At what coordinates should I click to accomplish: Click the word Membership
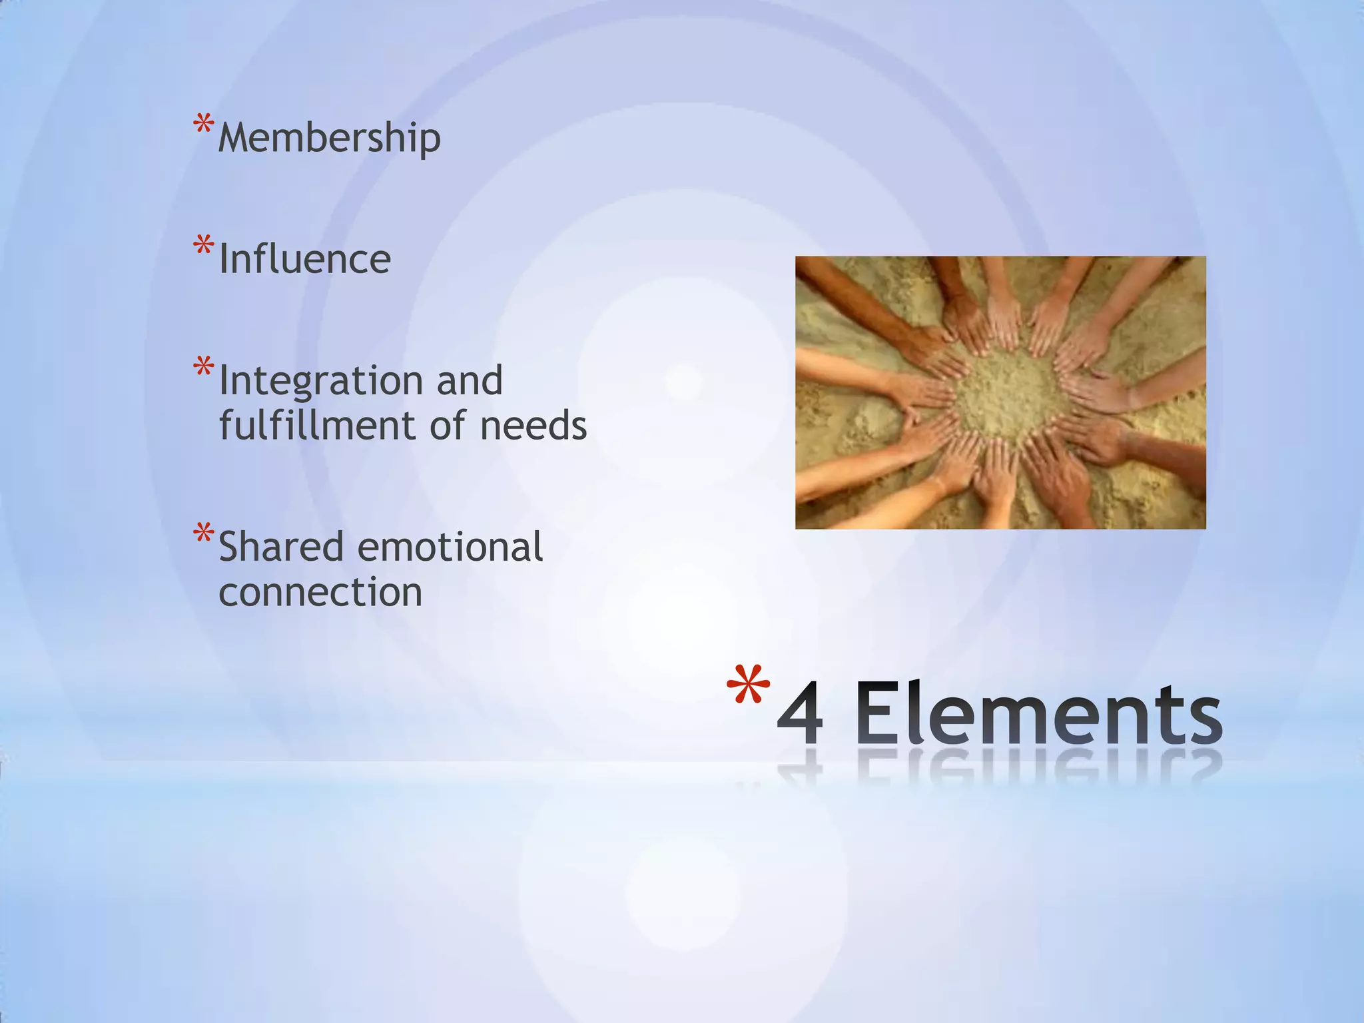point(329,138)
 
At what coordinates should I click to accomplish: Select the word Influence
point(304,259)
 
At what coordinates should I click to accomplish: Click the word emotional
point(450,547)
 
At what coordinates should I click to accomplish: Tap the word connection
point(320,592)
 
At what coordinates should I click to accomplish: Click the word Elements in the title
point(1038,714)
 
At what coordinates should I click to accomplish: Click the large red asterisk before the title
point(747,686)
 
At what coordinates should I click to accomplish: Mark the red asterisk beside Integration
point(203,368)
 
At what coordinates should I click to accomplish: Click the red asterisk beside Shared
point(203,534)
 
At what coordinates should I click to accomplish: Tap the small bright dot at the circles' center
point(683,382)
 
